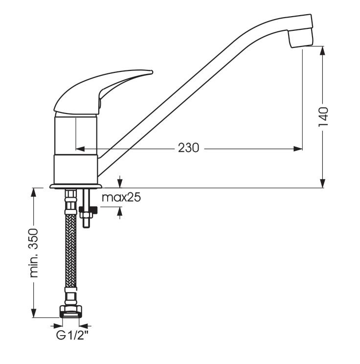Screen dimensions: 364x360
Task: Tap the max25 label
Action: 121,198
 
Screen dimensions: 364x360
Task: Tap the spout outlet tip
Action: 299,39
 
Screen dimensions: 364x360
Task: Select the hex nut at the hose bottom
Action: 71,310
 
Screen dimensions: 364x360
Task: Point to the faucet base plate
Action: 76,186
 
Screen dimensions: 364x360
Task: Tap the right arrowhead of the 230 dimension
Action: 298,148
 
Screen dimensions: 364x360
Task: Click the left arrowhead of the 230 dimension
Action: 79,148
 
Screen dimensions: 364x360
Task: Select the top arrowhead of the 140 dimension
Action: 323,49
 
